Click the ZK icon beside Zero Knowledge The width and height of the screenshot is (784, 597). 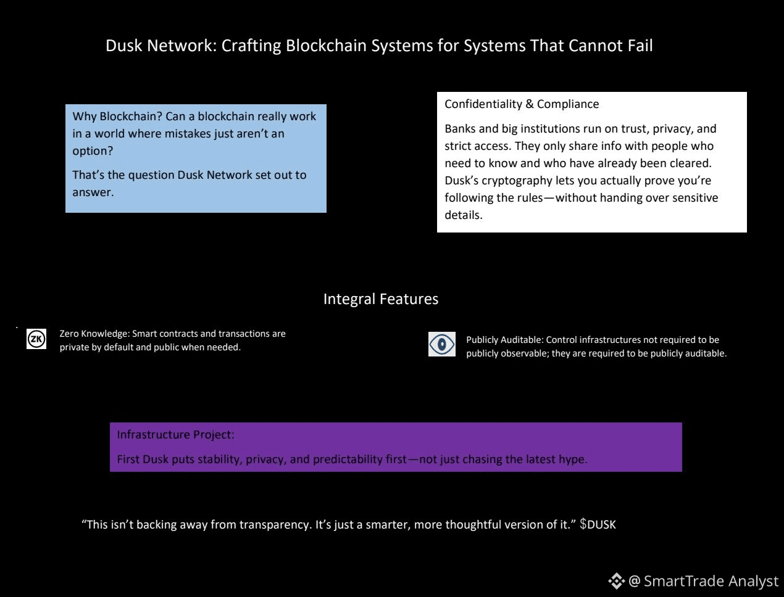point(36,339)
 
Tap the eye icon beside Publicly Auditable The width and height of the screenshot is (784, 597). point(442,344)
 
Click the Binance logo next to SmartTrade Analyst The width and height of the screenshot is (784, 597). point(617,581)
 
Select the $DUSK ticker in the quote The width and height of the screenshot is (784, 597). point(598,524)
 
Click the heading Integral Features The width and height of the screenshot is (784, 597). point(381,299)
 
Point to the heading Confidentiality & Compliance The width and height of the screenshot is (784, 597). point(522,104)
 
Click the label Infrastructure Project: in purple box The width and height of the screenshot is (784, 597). point(175,434)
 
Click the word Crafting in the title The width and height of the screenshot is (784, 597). point(251,46)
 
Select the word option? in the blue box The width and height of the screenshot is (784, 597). point(93,150)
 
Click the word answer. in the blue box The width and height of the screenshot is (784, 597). point(93,192)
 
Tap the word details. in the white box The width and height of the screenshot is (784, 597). point(464,215)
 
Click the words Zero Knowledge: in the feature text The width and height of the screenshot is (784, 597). point(94,334)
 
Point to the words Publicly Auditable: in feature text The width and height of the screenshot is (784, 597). point(505,340)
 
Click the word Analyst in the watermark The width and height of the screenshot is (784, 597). point(753,582)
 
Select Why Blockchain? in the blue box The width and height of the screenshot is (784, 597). point(117,117)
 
